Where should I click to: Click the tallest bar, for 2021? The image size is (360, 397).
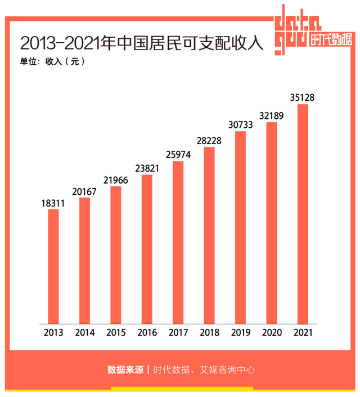pos(303,213)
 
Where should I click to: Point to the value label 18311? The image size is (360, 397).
pos(53,203)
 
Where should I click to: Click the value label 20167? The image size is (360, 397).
pos(84,191)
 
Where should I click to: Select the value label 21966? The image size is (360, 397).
pos(116,180)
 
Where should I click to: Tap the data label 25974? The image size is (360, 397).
pos(178,155)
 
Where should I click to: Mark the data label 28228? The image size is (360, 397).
pos(209,141)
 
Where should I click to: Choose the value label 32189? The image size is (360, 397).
pos(272,116)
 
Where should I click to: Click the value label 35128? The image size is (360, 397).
pos(303,97)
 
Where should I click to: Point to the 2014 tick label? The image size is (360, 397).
pos(84,332)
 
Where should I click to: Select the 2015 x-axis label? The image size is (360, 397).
pos(116,332)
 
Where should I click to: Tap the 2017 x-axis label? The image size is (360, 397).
pos(178,332)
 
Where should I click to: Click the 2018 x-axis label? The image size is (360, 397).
pos(209,332)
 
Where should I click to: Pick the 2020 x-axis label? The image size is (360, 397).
pos(272,332)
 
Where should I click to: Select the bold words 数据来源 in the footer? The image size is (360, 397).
pos(125,370)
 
